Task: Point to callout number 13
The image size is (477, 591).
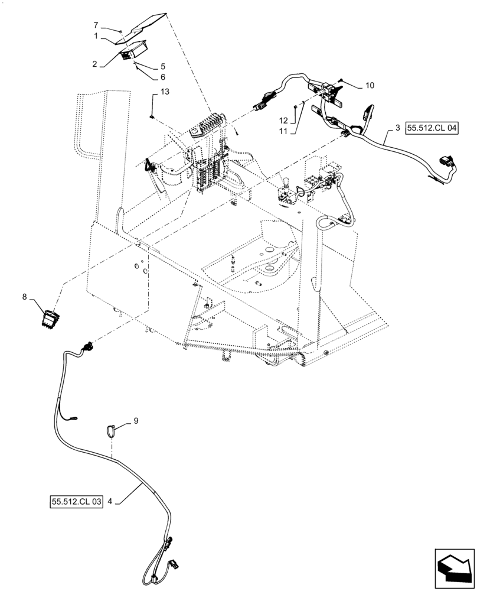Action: click(x=165, y=91)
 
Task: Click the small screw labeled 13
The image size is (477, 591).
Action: click(x=152, y=115)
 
